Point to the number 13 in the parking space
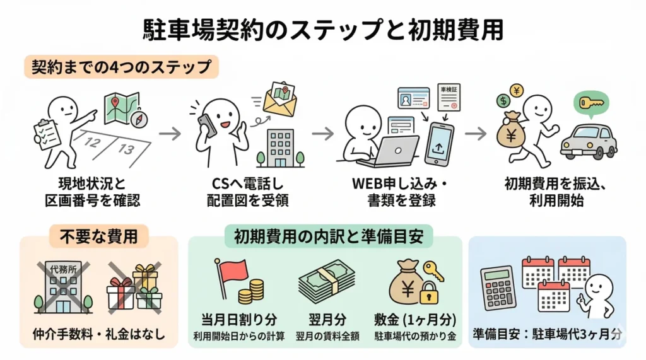(127, 149)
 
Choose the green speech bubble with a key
(590, 103)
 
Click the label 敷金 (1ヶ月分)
(415, 320)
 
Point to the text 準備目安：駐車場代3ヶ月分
(546, 333)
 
